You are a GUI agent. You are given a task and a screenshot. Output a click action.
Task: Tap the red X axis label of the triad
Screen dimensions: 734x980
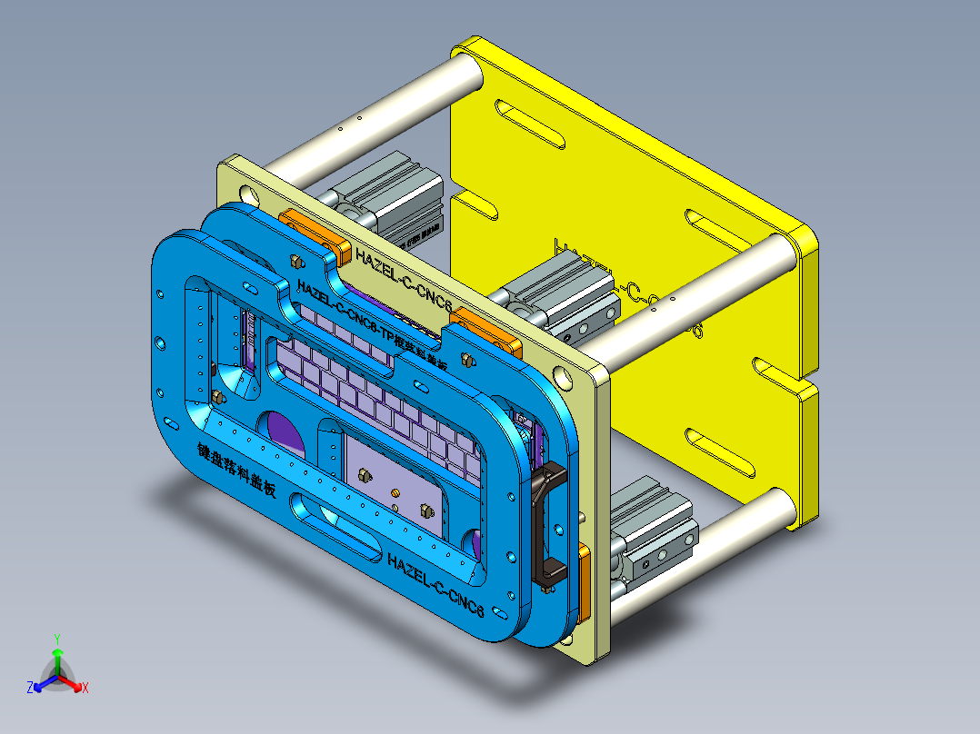pyautogui.click(x=85, y=689)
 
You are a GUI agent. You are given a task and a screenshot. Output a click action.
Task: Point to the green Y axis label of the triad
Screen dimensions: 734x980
pyautogui.click(x=56, y=638)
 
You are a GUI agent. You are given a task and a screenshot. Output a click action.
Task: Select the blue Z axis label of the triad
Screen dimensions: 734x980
pyautogui.click(x=30, y=689)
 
